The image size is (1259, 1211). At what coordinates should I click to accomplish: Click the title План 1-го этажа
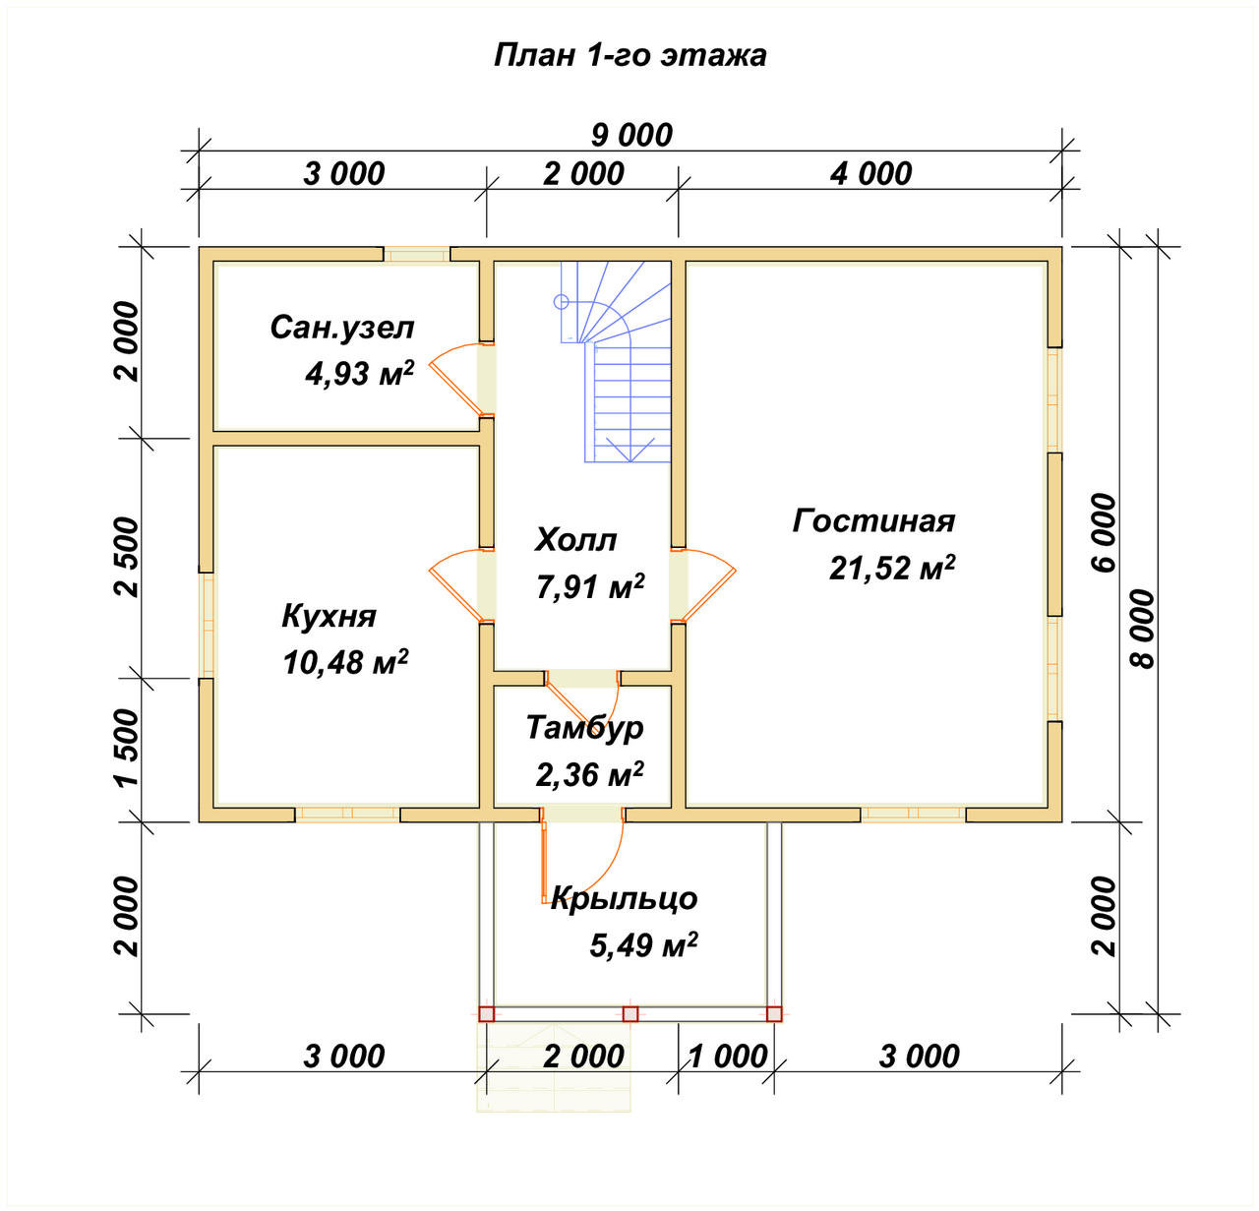click(629, 56)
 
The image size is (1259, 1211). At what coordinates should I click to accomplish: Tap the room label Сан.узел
click(342, 328)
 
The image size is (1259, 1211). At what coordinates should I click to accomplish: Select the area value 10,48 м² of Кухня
click(345, 662)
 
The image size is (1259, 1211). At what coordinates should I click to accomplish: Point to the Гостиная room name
click(873, 521)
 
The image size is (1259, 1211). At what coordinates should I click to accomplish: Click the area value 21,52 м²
click(892, 568)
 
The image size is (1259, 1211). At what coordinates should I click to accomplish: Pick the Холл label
click(575, 540)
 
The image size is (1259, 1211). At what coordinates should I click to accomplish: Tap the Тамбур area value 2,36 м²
click(589, 774)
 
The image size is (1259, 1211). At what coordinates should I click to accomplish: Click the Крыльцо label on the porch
click(624, 898)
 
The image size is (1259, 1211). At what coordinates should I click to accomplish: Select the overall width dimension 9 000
click(631, 136)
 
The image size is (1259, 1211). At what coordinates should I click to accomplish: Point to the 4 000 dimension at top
click(870, 174)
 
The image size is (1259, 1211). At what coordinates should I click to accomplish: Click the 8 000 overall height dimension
click(1143, 630)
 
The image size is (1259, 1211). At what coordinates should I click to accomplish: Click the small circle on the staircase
click(561, 302)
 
